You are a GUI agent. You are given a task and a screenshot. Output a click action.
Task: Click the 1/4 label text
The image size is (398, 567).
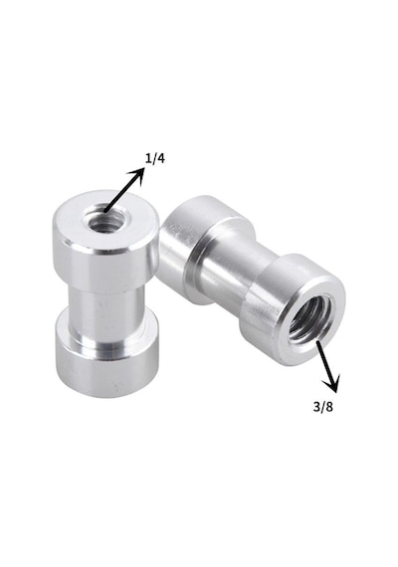pyautogui.click(x=155, y=158)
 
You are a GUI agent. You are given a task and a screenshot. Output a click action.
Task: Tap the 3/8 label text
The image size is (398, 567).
pyautogui.click(x=322, y=407)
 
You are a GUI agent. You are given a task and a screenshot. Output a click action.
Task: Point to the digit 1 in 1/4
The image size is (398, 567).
pyautogui.click(x=148, y=158)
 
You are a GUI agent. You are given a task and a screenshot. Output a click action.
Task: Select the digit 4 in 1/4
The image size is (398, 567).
pyautogui.click(x=160, y=158)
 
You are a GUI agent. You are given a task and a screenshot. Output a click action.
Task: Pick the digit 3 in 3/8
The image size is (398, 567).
pyautogui.click(x=316, y=407)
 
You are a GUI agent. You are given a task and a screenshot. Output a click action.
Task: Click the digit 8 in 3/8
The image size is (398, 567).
pyautogui.click(x=329, y=407)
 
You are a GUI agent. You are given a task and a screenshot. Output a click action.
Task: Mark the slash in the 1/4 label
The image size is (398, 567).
pyautogui.click(x=154, y=159)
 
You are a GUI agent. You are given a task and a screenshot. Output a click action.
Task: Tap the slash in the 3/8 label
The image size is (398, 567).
pyautogui.click(x=322, y=407)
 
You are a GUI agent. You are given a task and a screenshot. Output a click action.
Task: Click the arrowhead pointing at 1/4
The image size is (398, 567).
pyautogui.click(x=138, y=175)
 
